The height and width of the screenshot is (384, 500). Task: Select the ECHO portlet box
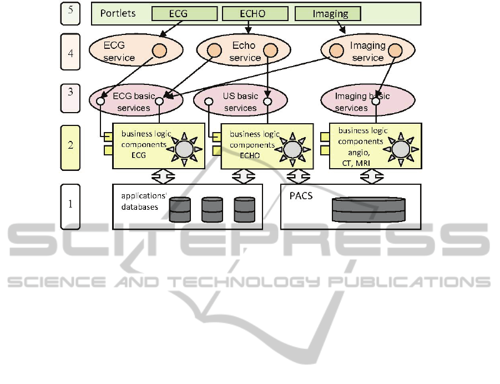pos(255,14)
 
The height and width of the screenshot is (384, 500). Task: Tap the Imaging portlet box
pos(327,14)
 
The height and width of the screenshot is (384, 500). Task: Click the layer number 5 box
pos(70,13)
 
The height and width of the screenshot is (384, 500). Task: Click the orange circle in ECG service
pos(160,50)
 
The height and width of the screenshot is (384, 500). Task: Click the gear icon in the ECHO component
pos(291,149)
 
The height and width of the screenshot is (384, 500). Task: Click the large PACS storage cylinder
pos(368,209)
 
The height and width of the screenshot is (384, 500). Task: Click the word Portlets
pos(118,13)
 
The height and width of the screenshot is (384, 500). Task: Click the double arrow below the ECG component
pos(163,176)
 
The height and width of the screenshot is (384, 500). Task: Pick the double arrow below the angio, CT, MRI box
pos(372,176)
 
